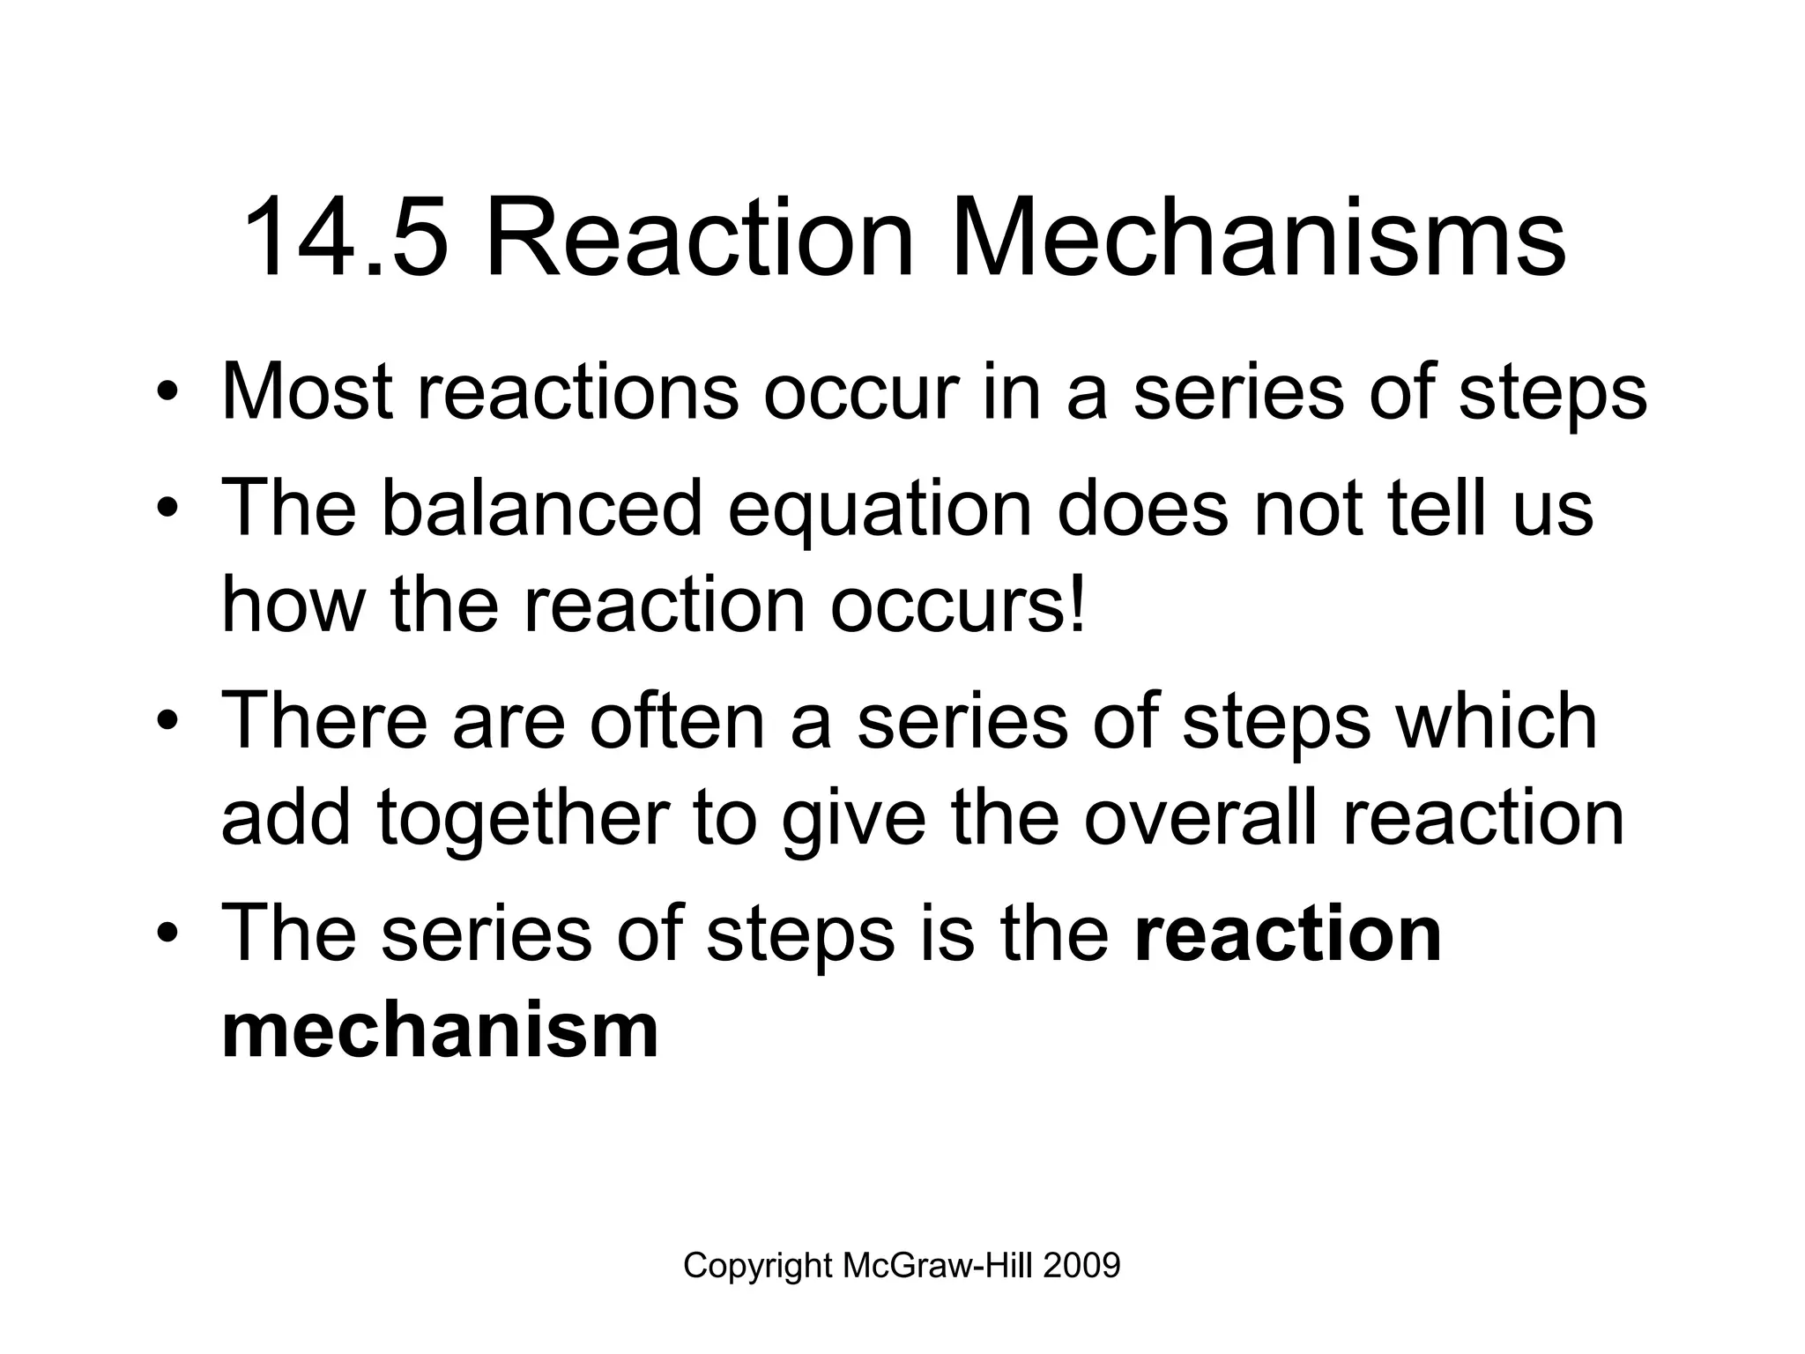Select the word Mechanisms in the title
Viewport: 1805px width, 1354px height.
(x=1258, y=238)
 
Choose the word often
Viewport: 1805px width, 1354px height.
(x=676, y=721)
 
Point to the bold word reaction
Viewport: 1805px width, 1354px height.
(x=1288, y=934)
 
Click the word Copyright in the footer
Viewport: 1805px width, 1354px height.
(x=758, y=1266)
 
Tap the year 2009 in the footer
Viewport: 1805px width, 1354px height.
(x=1081, y=1266)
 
